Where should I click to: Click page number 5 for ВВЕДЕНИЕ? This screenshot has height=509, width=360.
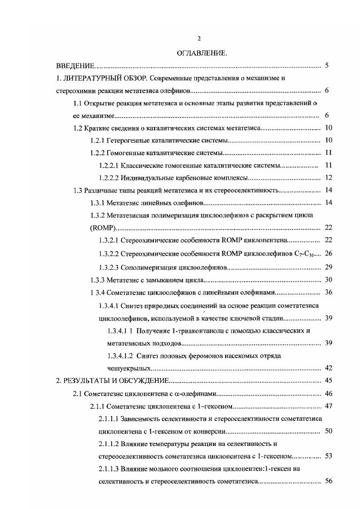click(327, 66)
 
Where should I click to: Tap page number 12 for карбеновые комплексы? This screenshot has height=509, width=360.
click(329, 177)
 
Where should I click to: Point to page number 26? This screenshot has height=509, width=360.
click(329, 253)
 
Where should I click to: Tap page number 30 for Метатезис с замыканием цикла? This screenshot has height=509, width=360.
click(329, 280)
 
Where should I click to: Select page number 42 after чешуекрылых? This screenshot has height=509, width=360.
click(329, 367)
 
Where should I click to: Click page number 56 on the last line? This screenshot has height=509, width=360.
click(329, 481)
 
